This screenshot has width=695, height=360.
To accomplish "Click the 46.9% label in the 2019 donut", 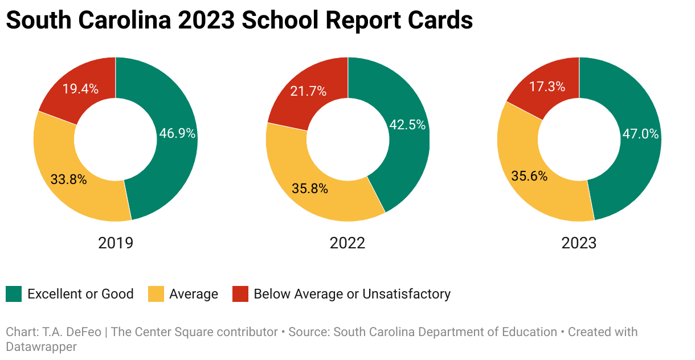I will pyautogui.click(x=176, y=134).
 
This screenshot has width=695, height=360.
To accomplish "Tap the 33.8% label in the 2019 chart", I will pyautogui.click(x=68, y=180).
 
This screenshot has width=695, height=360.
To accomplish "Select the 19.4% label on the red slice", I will pyautogui.click(x=80, y=89).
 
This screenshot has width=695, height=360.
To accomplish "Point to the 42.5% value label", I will pyautogui.click(x=407, y=125).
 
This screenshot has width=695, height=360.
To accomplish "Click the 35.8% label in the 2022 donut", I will pyautogui.click(x=310, y=189).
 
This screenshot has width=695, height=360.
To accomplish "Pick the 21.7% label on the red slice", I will pyautogui.click(x=309, y=91).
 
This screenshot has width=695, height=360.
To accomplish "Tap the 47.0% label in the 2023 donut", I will pyautogui.click(x=640, y=134).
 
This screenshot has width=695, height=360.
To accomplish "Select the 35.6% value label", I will pyautogui.click(x=529, y=176).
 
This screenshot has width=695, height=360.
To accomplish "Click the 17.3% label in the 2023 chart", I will pyautogui.click(x=547, y=87).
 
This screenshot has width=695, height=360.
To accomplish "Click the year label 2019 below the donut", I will pyautogui.click(x=116, y=243).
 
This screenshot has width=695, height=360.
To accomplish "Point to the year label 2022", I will pyautogui.click(x=347, y=243).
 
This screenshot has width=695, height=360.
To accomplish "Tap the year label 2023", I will pyautogui.click(x=579, y=243).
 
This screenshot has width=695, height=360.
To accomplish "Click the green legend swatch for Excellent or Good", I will pyautogui.click(x=14, y=294).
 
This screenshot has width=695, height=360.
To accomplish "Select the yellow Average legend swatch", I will pyautogui.click(x=156, y=294).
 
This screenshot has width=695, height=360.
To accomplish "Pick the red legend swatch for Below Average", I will pyautogui.click(x=240, y=294).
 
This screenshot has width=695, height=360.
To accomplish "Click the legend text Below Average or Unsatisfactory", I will pyautogui.click(x=352, y=294).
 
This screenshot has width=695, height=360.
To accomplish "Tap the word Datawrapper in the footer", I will pyautogui.click(x=41, y=346).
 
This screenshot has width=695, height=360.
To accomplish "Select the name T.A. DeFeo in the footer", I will pyautogui.click(x=73, y=332).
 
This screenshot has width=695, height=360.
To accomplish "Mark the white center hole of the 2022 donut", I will pyautogui.click(x=347, y=138).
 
